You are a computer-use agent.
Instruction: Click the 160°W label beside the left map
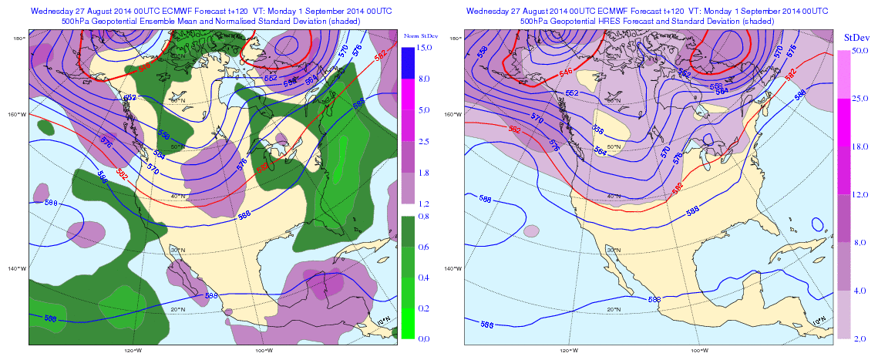click(17, 115)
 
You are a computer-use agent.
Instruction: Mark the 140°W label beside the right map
click(455, 268)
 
